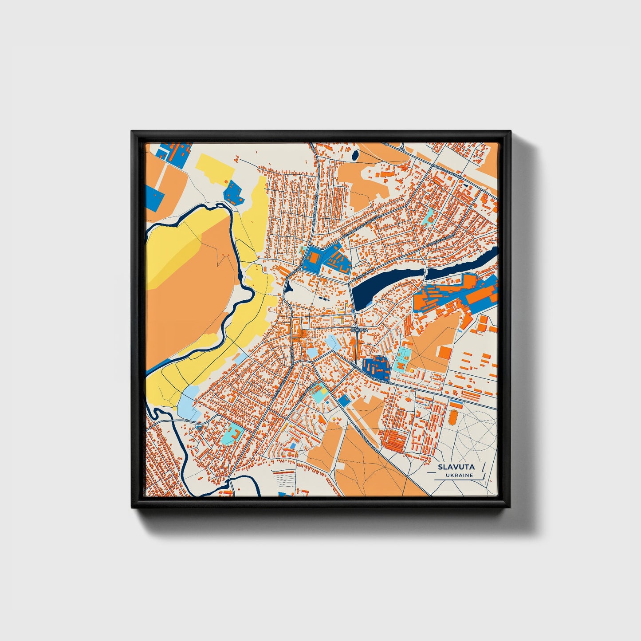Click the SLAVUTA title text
456,467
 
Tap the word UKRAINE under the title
460,475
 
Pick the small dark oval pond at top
355,155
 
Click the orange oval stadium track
453,417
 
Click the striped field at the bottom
284,479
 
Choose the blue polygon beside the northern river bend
233,192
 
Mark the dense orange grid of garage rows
394,440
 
